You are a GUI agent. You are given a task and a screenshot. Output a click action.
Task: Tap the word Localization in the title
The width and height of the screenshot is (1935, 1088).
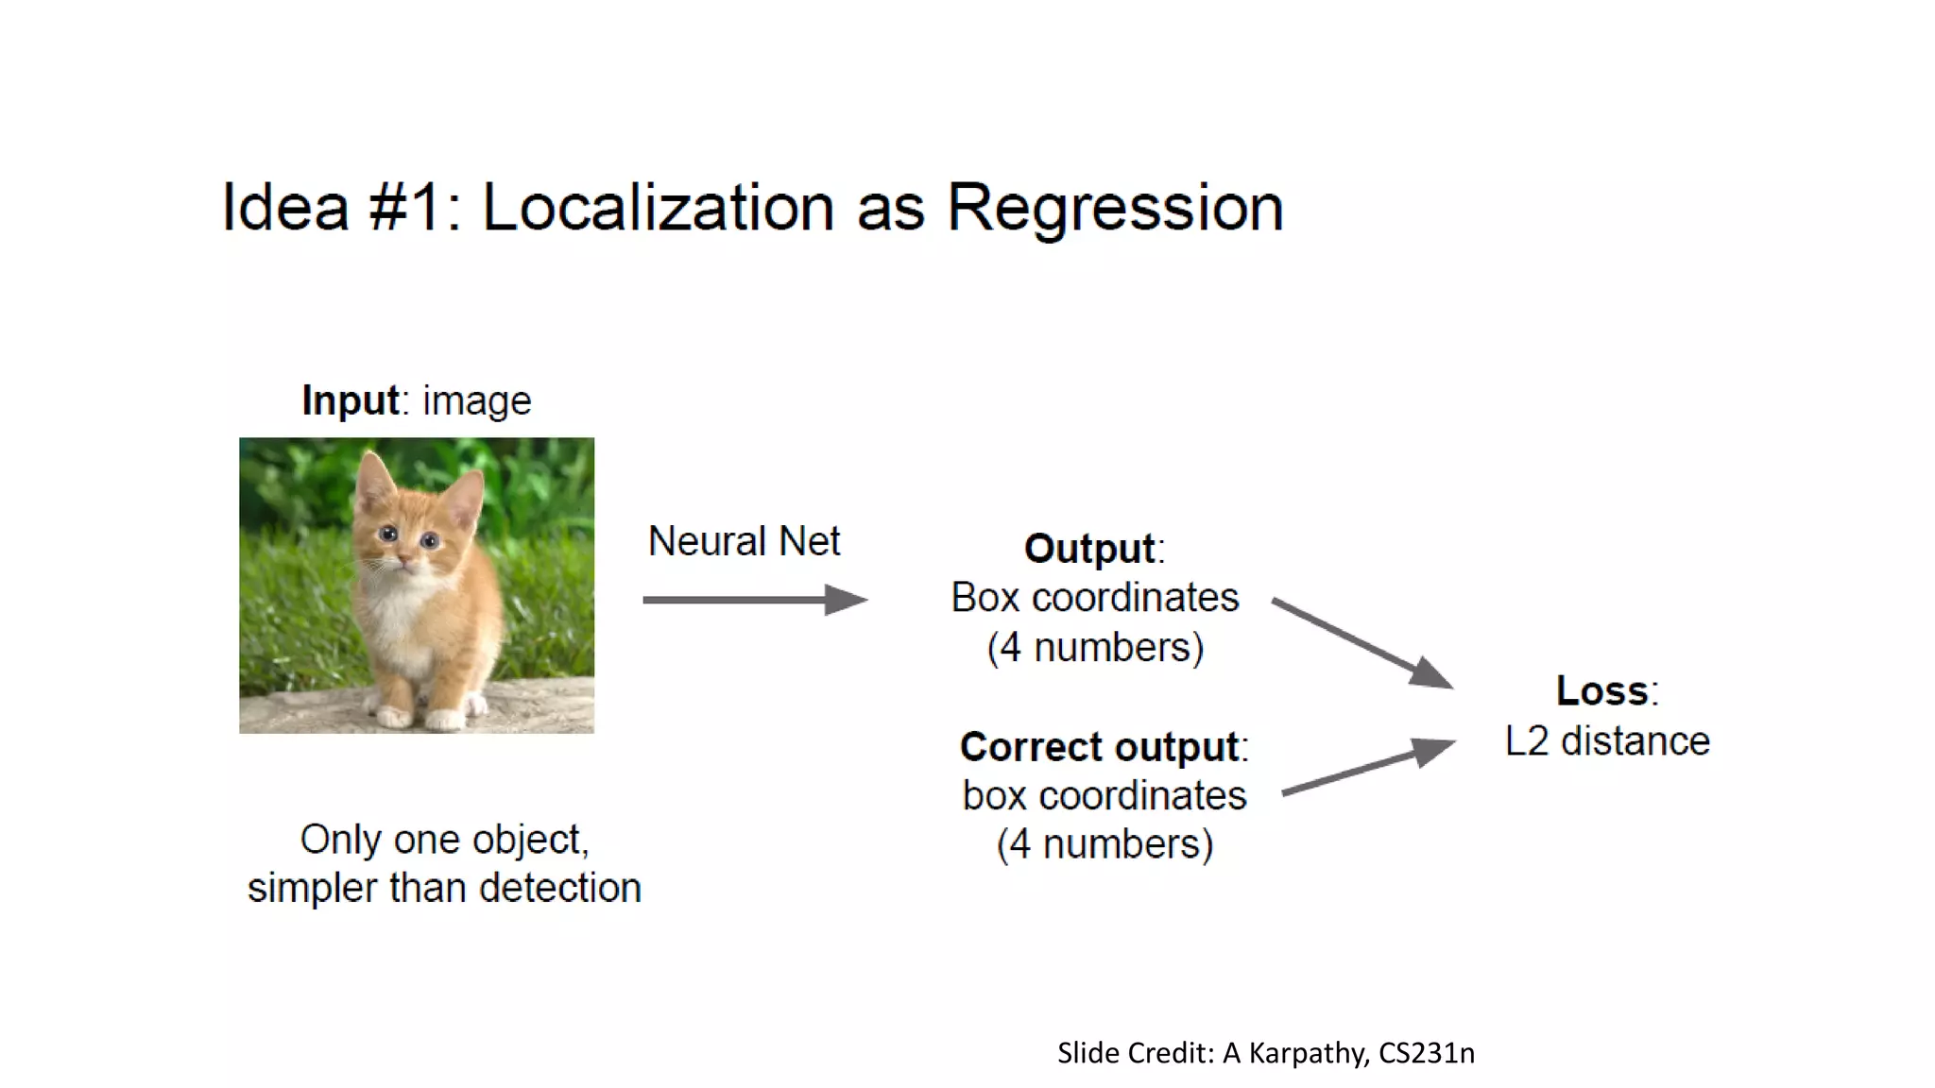coord(659,208)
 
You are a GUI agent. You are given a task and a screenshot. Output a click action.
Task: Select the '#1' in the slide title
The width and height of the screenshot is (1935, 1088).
coord(404,208)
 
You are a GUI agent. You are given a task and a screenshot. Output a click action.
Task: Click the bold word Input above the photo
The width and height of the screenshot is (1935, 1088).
coord(350,400)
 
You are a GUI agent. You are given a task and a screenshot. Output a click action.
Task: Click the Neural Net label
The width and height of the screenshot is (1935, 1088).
coord(744,541)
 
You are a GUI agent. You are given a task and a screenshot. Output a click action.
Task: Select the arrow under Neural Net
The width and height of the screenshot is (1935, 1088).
coord(754,600)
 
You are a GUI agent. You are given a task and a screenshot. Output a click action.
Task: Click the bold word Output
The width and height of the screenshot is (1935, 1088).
coord(1089,549)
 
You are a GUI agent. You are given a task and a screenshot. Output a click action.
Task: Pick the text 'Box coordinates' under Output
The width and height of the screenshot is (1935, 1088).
coord(1094,598)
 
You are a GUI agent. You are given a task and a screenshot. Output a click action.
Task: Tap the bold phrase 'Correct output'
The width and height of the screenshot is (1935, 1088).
coord(1099,747)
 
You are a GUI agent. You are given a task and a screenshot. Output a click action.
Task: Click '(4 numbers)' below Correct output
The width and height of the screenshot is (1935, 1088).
coord(1104,844)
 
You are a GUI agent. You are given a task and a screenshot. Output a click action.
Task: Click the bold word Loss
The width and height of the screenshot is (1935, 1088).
coord(1602,690)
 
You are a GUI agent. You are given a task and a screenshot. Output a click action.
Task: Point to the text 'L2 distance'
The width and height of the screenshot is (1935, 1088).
coord(1607,741)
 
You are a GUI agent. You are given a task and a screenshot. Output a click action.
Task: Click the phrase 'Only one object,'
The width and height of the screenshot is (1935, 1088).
coord(444,840)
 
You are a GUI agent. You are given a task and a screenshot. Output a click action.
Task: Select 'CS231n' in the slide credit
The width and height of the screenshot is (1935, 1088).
coord(1426,1053)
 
